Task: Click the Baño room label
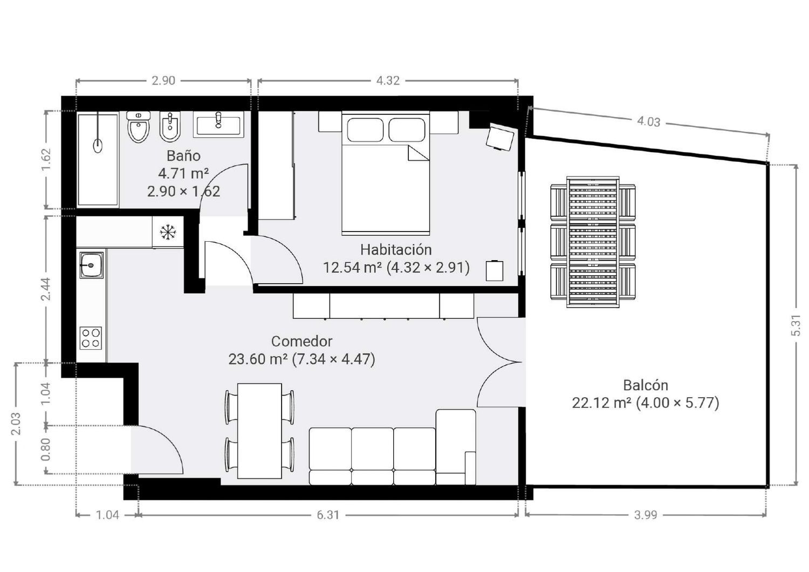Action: (x=183, y=156)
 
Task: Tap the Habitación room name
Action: (x=396, y=250)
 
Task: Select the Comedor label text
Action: (x=301, y=341)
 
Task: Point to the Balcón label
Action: (x=646, y=385)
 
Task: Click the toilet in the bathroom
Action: (x=139, y=127)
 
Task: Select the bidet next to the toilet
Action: (x=170, y=127)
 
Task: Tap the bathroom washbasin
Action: (x=218, y=124)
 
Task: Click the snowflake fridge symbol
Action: (x=168, y=232)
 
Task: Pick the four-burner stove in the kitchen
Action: (x=91, y=338)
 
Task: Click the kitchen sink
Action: (x=91, y=265)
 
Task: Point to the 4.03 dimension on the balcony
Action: (x=649, y=122)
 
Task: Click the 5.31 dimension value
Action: (x=796, y=325)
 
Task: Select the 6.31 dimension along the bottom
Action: (x=328, y=515)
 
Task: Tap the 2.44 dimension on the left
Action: (x=46, y=289)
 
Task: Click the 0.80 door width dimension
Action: (x=46, y=450)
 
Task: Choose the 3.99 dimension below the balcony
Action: (x=646, y=515)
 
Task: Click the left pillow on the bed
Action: (x=365, y=130)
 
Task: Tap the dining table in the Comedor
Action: (x=259, y=431)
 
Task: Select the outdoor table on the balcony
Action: (x=593, y=242)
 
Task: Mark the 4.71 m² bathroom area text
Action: (x=183, y=173)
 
